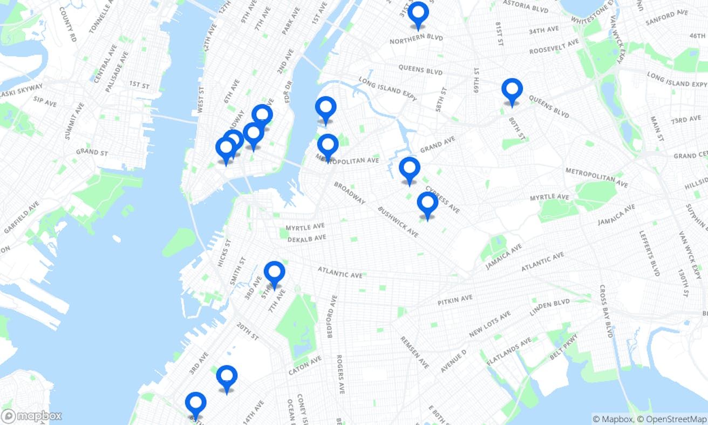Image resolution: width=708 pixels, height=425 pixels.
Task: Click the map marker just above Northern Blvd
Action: pos(418,14)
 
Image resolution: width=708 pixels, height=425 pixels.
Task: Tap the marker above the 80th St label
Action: pos(512,90)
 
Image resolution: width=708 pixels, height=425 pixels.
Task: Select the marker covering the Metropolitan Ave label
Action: pos(328,145)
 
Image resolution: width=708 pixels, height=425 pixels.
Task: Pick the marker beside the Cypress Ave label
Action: pos(410,169)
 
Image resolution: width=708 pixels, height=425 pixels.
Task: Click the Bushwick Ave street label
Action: pos(398,221)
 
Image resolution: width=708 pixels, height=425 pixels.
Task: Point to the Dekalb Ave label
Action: pos(307,238)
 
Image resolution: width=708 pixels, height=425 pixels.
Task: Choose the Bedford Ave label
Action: pos(331,316)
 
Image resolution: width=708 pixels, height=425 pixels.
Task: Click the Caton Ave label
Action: pos(305,366)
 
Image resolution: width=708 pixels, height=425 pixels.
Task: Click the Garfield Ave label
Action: pos(22,217)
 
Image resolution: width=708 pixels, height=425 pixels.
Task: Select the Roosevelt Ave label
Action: pos(554,46)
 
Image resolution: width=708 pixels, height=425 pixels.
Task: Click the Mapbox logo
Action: pos(31,416)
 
